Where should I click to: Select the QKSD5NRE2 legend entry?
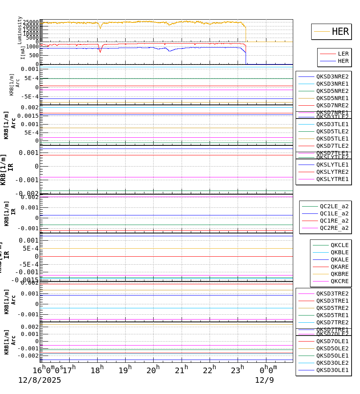pyautogui.click(x=332, y=91)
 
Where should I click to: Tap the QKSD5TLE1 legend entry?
pyautogui.click(x=332, y=139)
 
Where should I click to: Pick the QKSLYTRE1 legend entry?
pyautogui.click(x=332, y=179)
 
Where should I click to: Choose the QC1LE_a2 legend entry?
pyautogui.click(x=334, y=213)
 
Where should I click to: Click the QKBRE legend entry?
pyautogui.click(x=339, y=274)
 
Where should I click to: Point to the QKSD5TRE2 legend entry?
pyautogui.click(x=332, y=308)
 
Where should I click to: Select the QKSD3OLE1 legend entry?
pyautogui.click(x=332, y=370)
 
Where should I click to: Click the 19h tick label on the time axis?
pyautogui.click(x=125, y=370)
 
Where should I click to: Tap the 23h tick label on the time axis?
pyautogui.click(x=237, y=370)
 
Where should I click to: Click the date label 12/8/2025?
pyautogui.click(x=40, y=380)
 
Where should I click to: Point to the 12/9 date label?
pyautogui.click(x=264, y=380)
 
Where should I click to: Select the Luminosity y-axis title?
pyautogui.click(x=20, y=30)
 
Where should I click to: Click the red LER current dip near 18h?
pyautogui.click(x=100, y=51)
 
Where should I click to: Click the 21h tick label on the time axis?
pyautogui.click(x=181, y=370)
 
